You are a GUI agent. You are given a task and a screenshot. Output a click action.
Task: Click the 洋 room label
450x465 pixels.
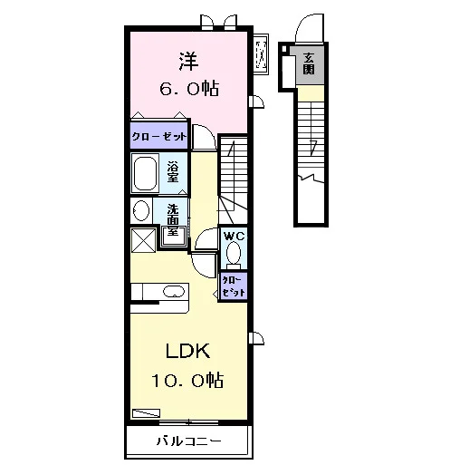(188, 62)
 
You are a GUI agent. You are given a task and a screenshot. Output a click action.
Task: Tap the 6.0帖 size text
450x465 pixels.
(189, 88)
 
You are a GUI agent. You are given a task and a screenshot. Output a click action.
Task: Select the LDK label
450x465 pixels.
(187, 351)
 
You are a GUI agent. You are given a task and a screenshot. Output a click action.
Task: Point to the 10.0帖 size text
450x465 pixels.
(187, 380)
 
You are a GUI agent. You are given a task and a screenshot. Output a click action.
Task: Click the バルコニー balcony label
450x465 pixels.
(188, 441)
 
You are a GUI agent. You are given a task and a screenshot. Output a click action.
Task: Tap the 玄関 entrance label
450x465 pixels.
(309, 63)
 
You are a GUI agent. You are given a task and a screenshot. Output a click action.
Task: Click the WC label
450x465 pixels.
(235, 236)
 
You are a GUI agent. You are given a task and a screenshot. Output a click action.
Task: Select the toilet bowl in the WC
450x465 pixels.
(234, 255)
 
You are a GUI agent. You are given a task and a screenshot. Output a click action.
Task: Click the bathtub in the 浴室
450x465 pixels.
(145, 173)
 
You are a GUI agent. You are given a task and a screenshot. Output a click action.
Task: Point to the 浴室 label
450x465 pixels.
(173, 172)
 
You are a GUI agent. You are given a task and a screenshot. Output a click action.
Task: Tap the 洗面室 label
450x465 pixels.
(173, 220)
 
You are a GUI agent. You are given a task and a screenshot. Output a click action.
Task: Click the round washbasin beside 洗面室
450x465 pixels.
(141, 210)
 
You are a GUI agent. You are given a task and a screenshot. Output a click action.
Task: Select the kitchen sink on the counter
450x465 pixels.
(174, 292)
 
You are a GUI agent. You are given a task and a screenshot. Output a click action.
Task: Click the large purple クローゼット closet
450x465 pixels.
(158, 135)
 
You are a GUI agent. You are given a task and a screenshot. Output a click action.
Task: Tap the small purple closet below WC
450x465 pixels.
(234, 286)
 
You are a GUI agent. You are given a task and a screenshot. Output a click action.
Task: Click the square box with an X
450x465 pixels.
(144, 240)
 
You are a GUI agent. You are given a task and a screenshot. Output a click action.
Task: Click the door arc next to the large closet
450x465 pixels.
(205, 137)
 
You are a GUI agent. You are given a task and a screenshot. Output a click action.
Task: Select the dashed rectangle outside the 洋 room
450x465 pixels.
(261, 55)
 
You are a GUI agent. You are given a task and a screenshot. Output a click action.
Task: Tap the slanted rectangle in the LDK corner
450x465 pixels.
(146, 413)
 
